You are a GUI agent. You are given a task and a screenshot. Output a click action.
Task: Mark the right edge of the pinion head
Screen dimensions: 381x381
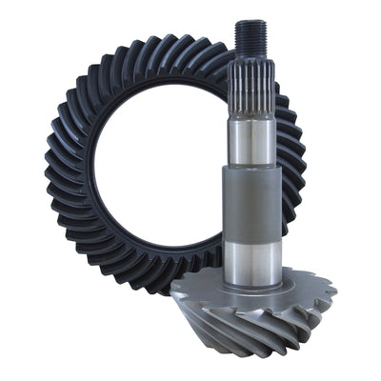pyautogui.click(x=334, y=291)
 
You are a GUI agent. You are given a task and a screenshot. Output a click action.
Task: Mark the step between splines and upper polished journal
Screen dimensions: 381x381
pyautogui.click(x=251, y=117)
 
